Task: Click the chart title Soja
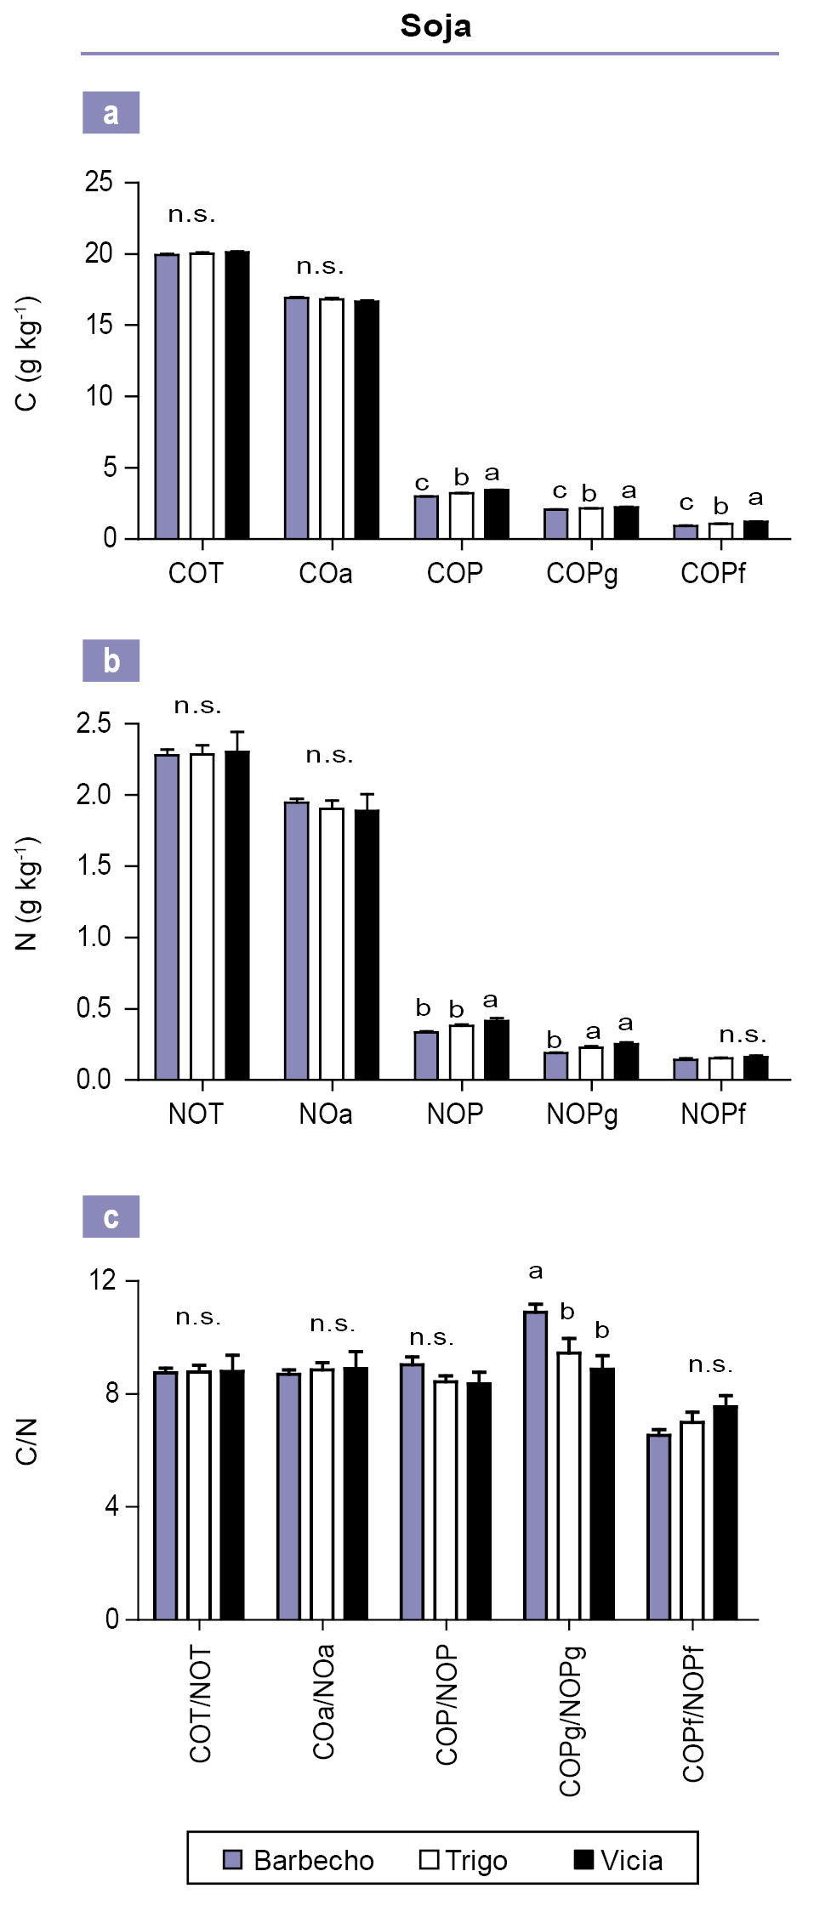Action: point(435,26)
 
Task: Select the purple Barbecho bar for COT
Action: point(167,395)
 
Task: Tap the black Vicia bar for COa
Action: point(367,419)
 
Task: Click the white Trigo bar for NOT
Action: point(202,916)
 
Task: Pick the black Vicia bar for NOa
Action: point(367,944)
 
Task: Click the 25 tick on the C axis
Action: point(99,182)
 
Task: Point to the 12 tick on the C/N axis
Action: point(102,1279)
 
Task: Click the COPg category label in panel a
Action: point(582,574)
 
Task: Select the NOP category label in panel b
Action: point(455,1114)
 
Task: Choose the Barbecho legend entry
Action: point(299,1861)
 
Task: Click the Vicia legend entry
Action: point(618,1861)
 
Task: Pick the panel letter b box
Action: point(111,661)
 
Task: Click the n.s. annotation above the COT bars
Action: point(191,214)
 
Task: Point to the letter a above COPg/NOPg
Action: point(535,1272)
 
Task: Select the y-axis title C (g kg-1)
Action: point(27,354)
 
